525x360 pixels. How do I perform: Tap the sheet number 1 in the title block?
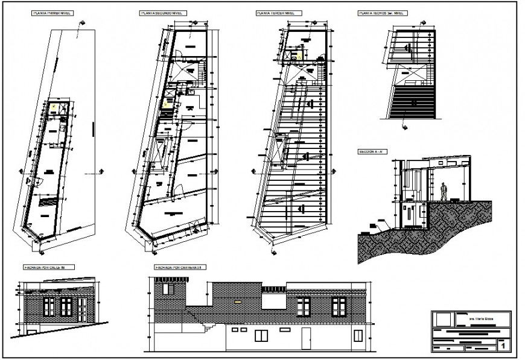tap(503, 344)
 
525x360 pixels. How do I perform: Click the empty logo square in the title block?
tap(444, 318)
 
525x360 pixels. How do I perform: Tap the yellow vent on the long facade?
tap(239, 300)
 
